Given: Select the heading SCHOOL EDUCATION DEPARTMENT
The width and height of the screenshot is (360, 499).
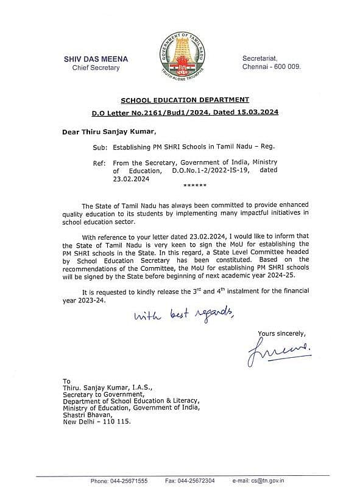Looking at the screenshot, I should tap(185, 100).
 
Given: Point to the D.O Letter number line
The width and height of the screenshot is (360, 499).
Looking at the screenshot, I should tap(185, 113).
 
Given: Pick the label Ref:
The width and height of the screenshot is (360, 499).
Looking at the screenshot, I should tap(101, 163).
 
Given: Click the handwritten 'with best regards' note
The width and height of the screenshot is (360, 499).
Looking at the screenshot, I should tap(183, 315).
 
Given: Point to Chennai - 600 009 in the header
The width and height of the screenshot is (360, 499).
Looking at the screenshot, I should tap(272, 66).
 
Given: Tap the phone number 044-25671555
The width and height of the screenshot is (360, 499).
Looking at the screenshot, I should tap(128, 481).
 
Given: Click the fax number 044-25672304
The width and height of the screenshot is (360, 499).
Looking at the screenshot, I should tap(198, 481).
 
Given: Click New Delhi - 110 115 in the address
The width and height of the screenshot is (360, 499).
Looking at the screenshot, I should tap(97, 420).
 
